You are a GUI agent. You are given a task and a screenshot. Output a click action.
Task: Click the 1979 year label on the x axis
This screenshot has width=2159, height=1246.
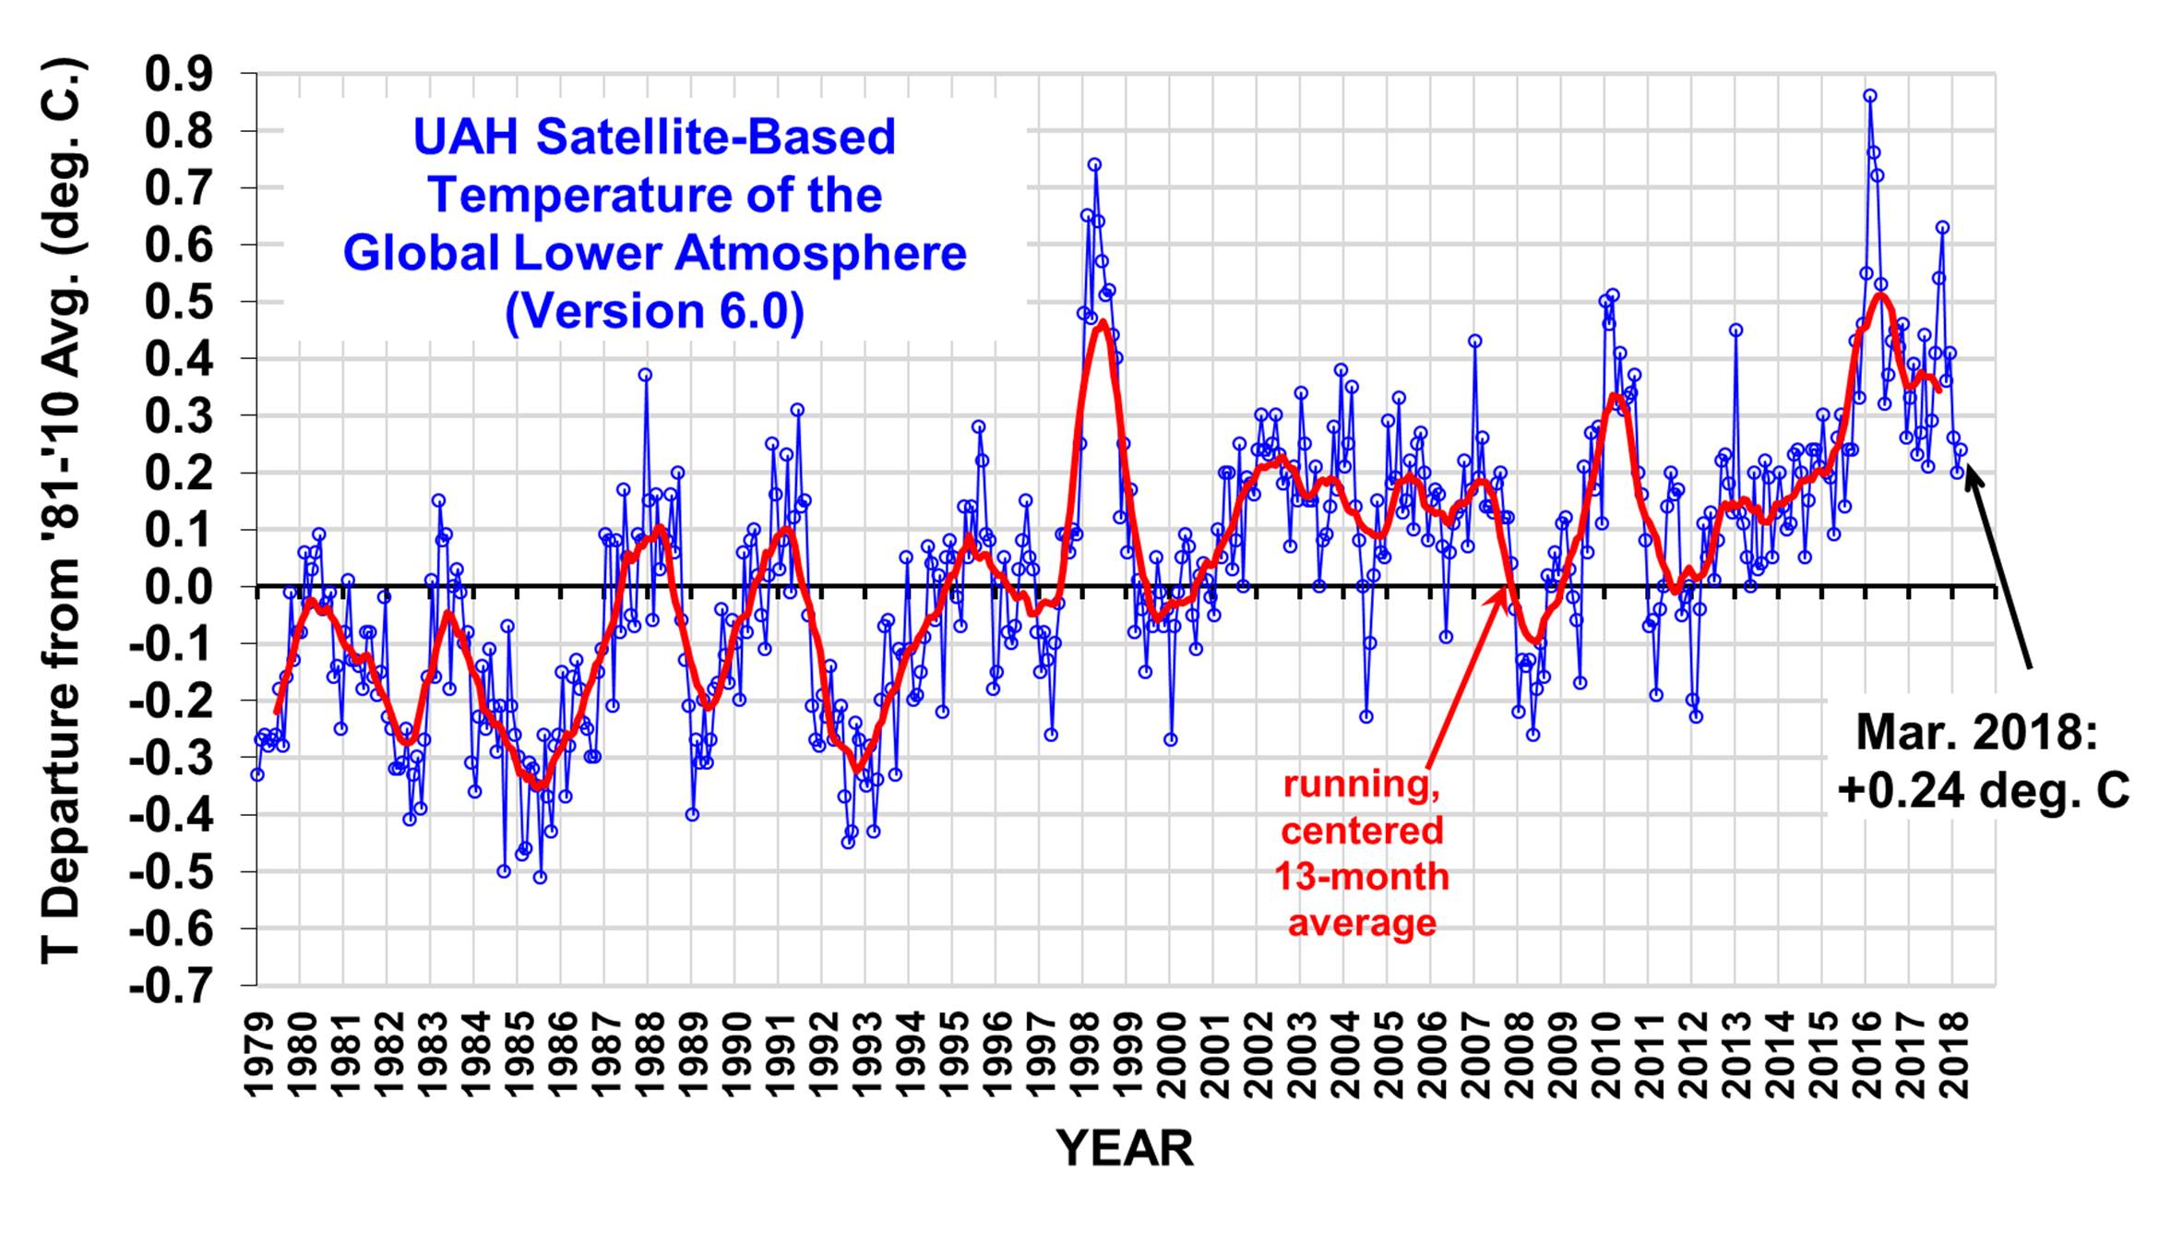(x=259, y=1057)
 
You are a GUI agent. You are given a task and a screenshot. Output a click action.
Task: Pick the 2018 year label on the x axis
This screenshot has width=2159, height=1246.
(x=1956, y=1057)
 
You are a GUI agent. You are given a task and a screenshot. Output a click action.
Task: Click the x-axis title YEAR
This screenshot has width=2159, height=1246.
(x=1125, y=1149)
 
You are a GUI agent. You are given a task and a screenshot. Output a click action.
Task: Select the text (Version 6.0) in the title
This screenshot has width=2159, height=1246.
(x=654, y=311)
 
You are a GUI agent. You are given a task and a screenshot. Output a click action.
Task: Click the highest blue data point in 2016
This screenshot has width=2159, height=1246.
(x=1870, y=96)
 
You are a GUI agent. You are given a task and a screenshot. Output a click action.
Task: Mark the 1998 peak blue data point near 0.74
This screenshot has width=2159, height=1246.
(x=1094, y=165)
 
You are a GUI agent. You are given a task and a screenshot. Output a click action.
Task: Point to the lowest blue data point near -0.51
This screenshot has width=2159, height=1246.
(x=540, y=877)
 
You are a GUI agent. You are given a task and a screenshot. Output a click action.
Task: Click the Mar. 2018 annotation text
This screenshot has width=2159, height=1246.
(x=1976, y=734)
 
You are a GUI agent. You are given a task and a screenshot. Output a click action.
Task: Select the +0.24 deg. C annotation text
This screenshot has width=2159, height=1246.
(x=1983, y=790)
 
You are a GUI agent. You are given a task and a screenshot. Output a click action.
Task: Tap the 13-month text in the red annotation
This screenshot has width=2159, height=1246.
(x=1362, y=876)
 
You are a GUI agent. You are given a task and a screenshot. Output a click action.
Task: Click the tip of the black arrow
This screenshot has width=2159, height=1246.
(x=1968, y=470)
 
